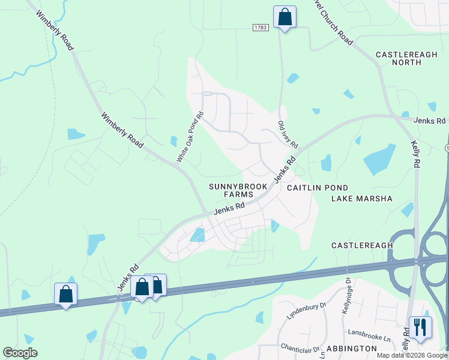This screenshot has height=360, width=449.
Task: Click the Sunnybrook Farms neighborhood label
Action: [238, 190]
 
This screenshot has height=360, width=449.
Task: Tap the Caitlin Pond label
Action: [317, 188]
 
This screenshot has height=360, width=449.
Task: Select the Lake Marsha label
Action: [361, 199]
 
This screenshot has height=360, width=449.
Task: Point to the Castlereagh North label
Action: [406, 58]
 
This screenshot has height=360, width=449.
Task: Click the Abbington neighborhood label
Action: [351, 349]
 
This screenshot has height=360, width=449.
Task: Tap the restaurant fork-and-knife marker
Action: [420, 328]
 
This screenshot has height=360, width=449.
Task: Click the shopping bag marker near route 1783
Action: [285, 17]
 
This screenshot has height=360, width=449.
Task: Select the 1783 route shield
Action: [260, 28]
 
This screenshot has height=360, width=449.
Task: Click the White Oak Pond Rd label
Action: [190, 137]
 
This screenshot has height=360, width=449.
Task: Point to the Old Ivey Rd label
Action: [288, 134]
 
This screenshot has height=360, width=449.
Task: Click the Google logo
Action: [20, 353]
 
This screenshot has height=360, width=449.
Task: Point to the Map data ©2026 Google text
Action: [412, 355]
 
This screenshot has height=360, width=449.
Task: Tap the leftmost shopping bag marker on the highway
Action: [65, 294]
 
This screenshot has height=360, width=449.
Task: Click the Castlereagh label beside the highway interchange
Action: [363, 245]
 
